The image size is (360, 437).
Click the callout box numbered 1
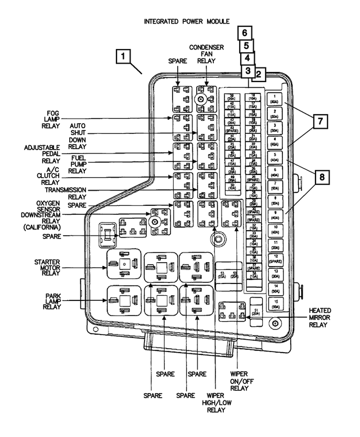[124, 57]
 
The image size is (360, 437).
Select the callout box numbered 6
[244, 33]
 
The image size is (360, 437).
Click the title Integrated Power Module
[187, 21]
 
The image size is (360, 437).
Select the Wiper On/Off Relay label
[240, 381]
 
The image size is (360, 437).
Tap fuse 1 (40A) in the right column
[274, 98]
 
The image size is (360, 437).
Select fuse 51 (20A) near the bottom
[256, 313]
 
